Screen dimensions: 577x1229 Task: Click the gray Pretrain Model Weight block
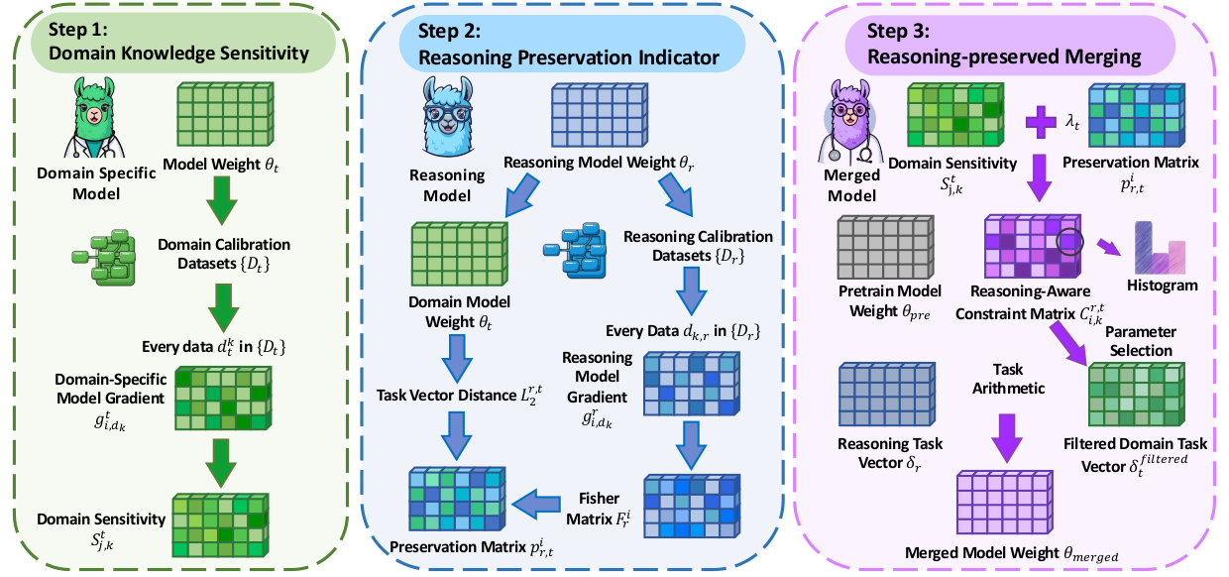(x=880, y=246)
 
